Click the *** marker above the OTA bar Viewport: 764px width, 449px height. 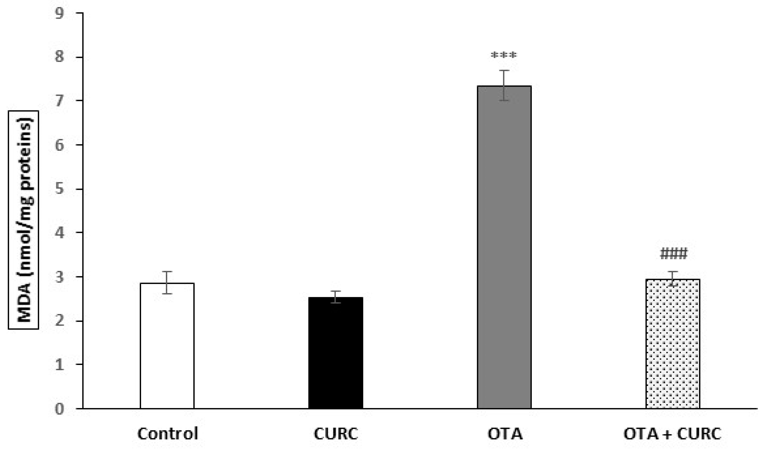point(504,55)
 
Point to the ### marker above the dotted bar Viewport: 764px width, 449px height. point(674,253)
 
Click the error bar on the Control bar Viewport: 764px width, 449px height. point(167,282)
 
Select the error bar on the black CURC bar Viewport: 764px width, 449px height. point(335,297)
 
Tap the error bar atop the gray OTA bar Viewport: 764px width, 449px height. point(504,85)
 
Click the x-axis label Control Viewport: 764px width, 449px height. point(168,434)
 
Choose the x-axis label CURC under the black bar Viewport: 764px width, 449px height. point(335,434)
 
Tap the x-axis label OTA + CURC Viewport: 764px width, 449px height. point(672,434)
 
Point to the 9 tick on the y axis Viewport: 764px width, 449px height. point(59,13)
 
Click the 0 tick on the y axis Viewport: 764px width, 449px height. point(59,409)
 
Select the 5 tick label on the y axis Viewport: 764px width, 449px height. point(59,189)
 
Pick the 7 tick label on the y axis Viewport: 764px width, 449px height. point(59,101)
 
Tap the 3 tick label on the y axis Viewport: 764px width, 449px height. point(59,277)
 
